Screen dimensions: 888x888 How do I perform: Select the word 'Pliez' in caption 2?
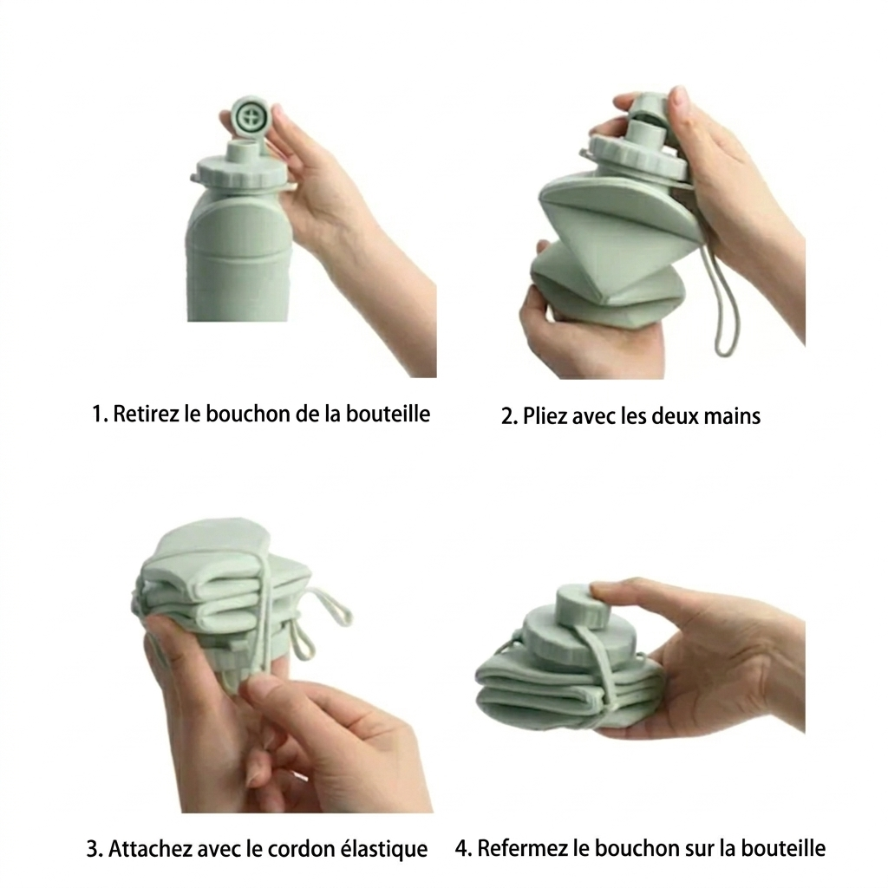pos(545,416)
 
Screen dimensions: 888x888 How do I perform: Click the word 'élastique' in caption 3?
pos(385,849)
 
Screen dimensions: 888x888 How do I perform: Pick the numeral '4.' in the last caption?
pos(463,847)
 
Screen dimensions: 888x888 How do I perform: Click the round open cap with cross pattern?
pos(251,117)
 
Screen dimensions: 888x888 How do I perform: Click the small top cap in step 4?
pos(572,603)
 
